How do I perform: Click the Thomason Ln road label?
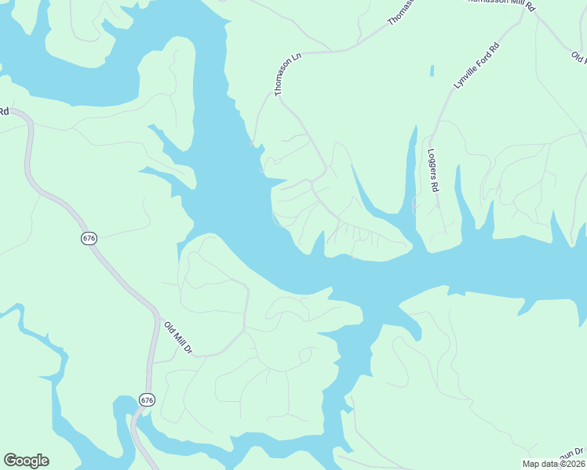(x=288, y=75)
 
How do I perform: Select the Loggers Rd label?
(x=432, y=171)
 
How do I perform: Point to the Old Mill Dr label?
(x=178, y=336)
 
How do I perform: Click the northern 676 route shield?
(x=89, y=238)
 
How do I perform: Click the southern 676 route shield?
(x=147, y=399)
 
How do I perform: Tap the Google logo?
(x=26, y=461)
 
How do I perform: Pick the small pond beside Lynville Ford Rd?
(x=432, y=70)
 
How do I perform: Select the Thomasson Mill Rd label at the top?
(x=501, y=4)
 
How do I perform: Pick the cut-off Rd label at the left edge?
(x=4, y=111)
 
